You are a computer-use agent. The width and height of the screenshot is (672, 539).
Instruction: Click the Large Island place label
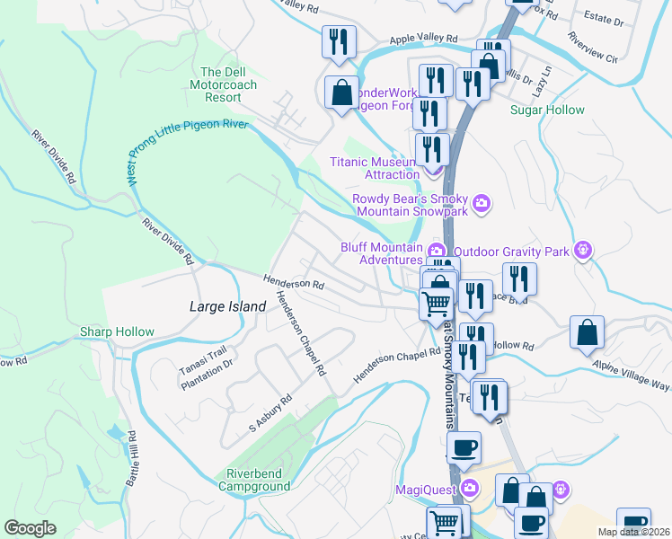click(x=227, y=306)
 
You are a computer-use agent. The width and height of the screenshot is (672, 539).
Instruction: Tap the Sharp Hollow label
click(x=117, y=331)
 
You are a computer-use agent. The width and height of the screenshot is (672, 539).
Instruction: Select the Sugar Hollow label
click(x=547, y=110)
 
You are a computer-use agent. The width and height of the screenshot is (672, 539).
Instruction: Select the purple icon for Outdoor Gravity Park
click(x=584, y=249)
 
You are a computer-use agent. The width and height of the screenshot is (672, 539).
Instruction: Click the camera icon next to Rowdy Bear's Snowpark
click(x=482, y=203)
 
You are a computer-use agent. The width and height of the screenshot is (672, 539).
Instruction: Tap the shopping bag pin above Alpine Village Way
click(x=587, y=331)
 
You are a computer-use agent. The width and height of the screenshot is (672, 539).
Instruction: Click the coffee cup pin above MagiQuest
click(x=464, y=446)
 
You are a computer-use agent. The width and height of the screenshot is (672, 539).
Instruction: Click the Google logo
click(x=30, y=528)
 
